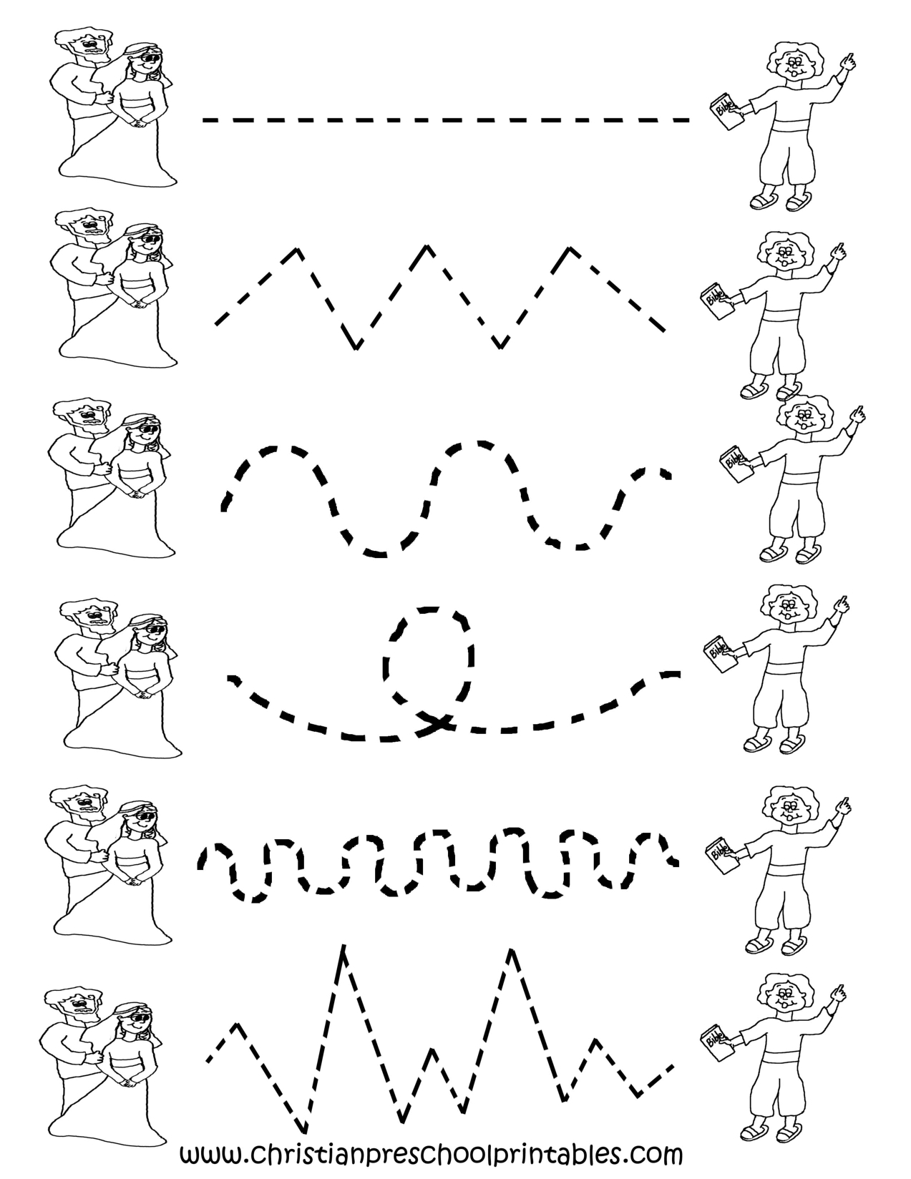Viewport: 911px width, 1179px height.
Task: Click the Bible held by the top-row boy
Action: click(x=724, y=112)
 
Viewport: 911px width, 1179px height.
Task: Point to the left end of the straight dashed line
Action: click(x=206, y=120)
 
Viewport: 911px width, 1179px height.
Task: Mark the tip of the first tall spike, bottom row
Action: click(x=344, y=948)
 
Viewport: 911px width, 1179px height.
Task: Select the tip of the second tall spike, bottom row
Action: click(x=512, y=951)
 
